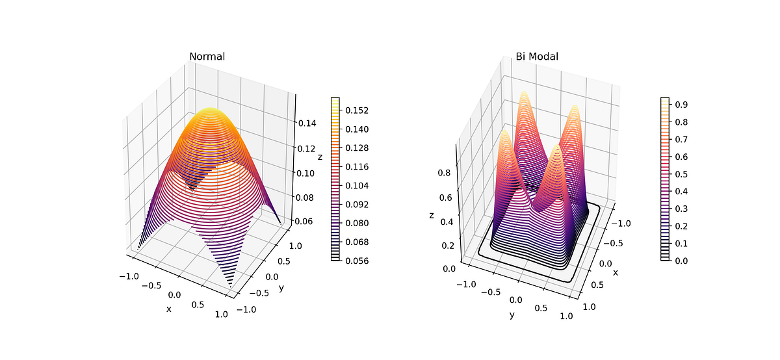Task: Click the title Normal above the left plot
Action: (x=207, y=57)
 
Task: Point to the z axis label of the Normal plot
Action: (x=319, y=157)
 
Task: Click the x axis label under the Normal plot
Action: (x=169, y=309)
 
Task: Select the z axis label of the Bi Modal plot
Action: (x=431, y=215)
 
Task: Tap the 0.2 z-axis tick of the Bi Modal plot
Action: (x=447, y=246)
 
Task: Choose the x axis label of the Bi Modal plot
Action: (x=615, y=272)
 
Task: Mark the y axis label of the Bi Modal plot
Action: (x=512, y=315)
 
